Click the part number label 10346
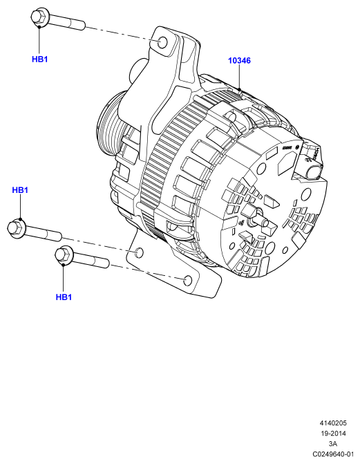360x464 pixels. coord(239,61)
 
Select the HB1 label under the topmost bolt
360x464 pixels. coord(39,59)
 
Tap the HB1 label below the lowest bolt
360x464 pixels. coord(64,297)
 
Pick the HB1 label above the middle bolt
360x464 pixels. coord(20,190)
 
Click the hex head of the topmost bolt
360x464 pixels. coord(39,18)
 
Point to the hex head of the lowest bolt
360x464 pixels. coord(64,254)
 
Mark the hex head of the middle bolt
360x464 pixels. coord(16,228)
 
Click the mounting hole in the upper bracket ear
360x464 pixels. coord(162,42)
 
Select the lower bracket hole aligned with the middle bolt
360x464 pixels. coord(139,253)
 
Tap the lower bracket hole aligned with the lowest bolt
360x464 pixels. coord(188,281)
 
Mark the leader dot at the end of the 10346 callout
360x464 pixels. coord(240,90)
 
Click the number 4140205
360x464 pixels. coord(333,423)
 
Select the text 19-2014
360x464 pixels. coord(333,434)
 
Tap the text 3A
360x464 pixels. coord(333,443)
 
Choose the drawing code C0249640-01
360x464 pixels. coord(333,454)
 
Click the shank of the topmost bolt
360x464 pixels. coord(67,22)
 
